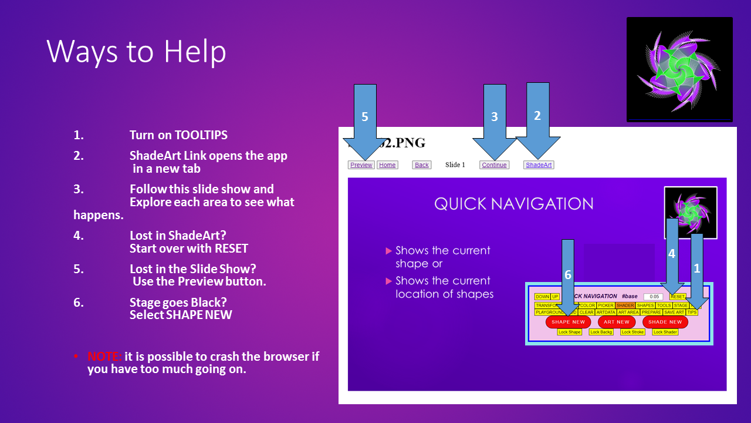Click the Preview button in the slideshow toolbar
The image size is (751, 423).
361,165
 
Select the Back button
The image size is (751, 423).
422,165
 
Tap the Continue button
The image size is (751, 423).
494,165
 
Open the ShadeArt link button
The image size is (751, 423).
539,165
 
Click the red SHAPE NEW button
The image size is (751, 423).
568,322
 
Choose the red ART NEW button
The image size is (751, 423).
617,322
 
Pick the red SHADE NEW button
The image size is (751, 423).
665,322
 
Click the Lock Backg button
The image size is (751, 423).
601,332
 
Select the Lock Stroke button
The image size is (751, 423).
633,332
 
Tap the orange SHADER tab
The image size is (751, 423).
625,305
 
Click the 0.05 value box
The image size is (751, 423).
654,297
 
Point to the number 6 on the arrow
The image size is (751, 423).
567,275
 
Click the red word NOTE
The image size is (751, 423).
104,357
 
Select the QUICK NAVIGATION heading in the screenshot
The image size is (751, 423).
513,204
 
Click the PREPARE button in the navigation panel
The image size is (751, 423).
651,313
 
